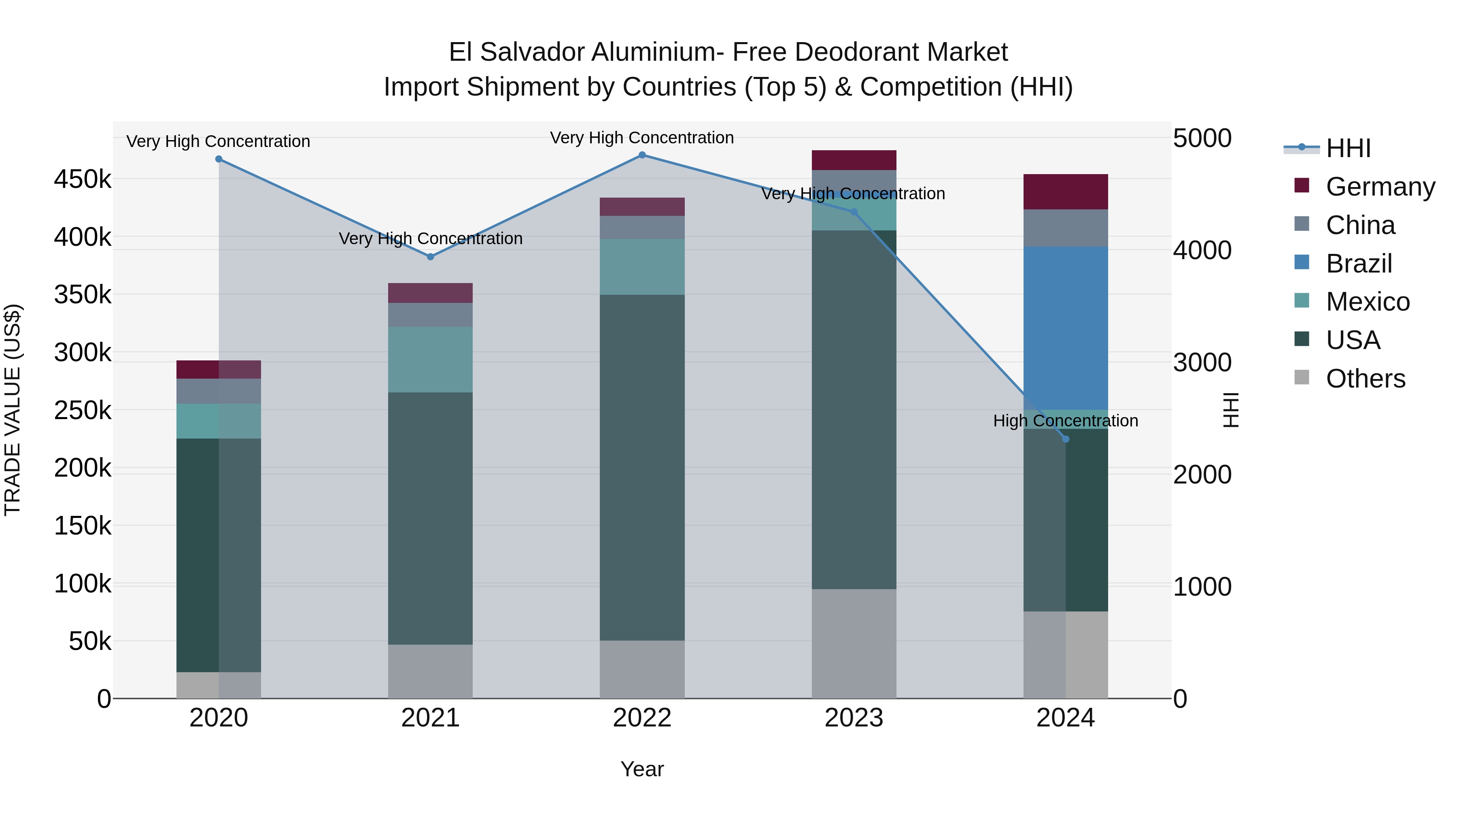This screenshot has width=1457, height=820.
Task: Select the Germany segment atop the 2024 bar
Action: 1066,192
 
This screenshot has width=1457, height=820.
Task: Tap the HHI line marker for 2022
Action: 642,155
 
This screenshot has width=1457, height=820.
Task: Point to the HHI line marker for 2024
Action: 1066,439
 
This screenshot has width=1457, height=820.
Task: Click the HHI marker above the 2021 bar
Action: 431,257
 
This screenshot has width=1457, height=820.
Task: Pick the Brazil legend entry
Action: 1359,264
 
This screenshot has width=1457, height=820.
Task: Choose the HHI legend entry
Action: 1349,148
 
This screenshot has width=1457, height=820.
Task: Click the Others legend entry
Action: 1366,379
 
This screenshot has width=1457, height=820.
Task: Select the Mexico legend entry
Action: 1368,302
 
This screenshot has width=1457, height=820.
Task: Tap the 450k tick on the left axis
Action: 83,180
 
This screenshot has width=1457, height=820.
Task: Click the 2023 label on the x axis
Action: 854,718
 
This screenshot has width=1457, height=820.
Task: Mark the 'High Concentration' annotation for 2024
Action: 1066,421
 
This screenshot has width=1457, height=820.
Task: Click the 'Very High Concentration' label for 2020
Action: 218,141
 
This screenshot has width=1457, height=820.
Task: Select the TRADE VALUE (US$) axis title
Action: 13,410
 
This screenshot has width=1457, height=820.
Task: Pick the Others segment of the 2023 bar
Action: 854,643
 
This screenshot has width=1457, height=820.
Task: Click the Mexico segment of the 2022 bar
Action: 642,266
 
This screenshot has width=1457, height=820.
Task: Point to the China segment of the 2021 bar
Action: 431,315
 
